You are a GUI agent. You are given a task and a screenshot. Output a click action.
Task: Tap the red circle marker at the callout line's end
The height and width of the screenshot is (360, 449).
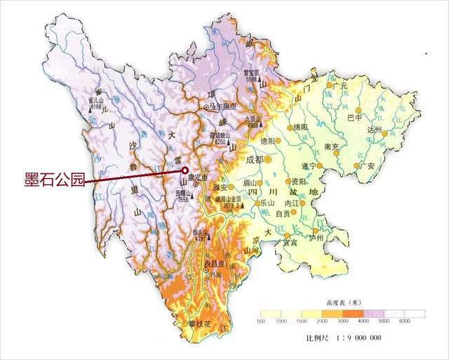pyautogui.click(x=185, y=170)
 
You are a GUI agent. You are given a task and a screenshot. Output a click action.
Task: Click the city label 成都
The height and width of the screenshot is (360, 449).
pyautogui.click(x=257, y=159)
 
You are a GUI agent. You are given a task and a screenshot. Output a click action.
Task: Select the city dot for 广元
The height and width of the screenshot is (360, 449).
pyautogui.click(x=335, y=86)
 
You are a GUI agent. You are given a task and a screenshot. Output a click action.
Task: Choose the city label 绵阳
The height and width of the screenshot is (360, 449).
pyautogui.click(x=300, y=127)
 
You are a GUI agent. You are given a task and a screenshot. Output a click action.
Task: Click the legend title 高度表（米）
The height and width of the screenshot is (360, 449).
pyautogui.click(x=342, y=302)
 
